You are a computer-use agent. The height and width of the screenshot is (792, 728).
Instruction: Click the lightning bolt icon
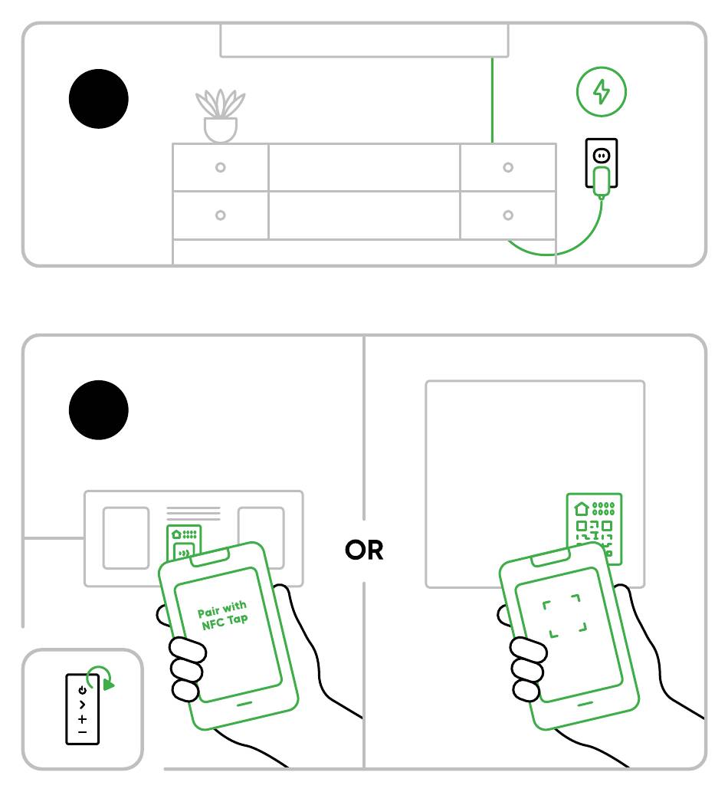point(602,92)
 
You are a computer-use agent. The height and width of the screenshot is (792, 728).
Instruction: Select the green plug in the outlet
point(602,181)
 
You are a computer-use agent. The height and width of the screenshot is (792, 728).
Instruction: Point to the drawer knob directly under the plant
point(221,167)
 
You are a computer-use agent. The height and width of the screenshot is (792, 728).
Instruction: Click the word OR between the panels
point(364,550)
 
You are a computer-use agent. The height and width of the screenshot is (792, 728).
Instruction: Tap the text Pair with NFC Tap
point(223,616)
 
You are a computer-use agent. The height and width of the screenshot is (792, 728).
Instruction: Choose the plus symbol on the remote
point(83,719)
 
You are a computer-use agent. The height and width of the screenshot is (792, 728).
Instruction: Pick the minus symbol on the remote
point(83,733)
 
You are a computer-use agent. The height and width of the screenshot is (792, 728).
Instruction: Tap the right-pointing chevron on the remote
point(83,705)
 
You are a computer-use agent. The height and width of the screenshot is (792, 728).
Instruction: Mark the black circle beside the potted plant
point(99,100)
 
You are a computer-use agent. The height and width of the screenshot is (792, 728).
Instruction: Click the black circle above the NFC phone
point(99,410)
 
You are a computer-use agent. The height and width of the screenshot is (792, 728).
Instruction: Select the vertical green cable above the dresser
point(492,100)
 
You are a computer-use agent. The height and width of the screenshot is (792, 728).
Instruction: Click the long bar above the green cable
point(364,40)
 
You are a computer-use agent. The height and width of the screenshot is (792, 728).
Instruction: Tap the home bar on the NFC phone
point(245,702)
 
